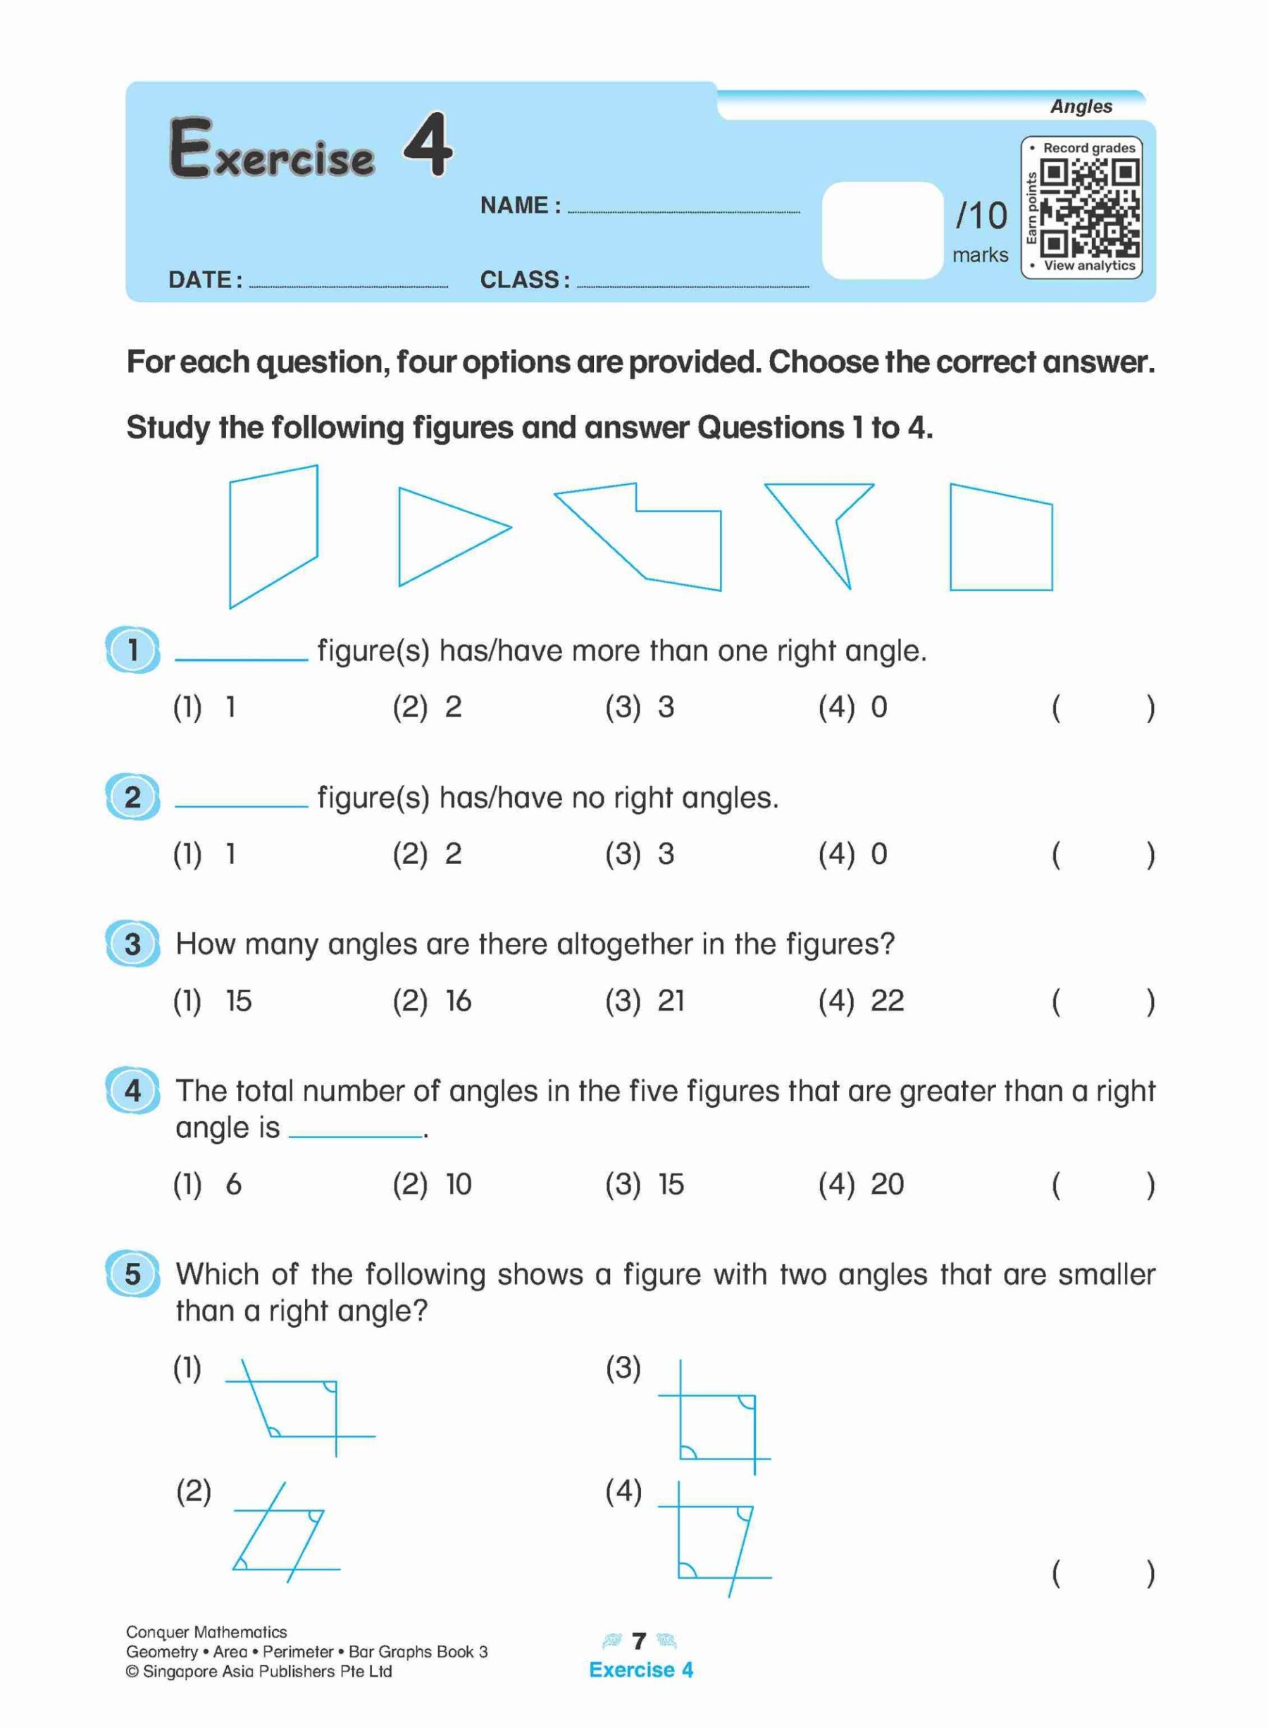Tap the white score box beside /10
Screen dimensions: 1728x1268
pos(882,230)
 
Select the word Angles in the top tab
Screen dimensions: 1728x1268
pos(1081,106)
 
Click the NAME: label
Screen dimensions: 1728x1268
pos(520,206)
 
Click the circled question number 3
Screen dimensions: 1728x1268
pos(132,944)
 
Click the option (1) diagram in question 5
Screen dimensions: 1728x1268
pos(299,1408)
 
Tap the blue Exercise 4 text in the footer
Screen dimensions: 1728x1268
pos(641,1670)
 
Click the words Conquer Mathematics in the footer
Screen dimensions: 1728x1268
pos(206,1632)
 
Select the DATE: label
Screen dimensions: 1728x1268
pos(205,280)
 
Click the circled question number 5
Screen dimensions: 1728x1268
pos(132,1274)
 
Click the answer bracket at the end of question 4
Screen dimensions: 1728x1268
pos(1102,1185)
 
